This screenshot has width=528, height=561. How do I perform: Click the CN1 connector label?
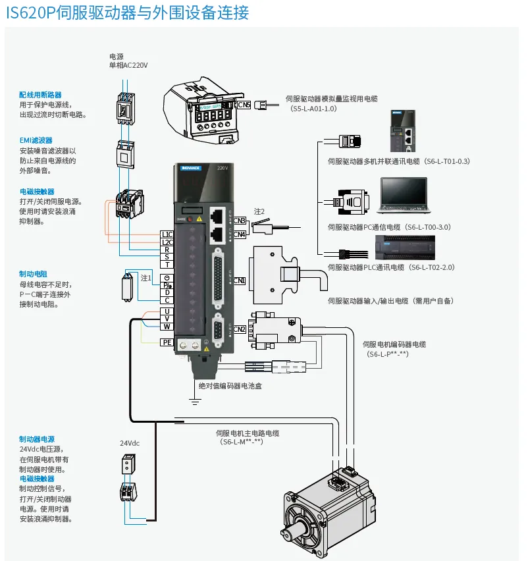239,280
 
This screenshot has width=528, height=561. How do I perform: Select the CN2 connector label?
239,329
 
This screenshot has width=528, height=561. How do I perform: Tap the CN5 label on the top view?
244,104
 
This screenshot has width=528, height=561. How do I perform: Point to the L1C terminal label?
167,234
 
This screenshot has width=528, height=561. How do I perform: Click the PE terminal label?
167,342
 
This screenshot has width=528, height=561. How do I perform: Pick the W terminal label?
167,327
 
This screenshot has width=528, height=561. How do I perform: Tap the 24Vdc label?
130,443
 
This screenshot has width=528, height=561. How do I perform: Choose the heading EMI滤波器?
36,140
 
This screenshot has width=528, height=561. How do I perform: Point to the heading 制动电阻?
33,273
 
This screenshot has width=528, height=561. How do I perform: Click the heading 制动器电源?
37,439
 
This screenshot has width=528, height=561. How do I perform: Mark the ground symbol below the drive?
195,399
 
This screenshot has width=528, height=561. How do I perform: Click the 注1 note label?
146,279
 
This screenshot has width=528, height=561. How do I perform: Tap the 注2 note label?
259,211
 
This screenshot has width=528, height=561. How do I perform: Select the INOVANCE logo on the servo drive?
190,169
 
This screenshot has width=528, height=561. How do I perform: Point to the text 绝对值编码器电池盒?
230,386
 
